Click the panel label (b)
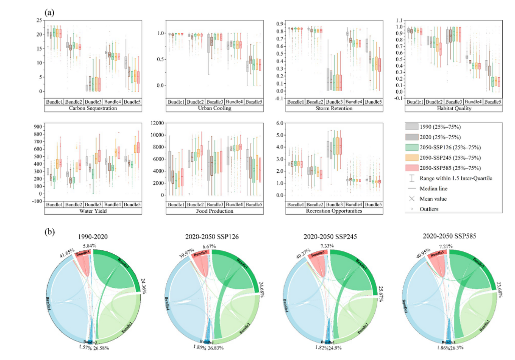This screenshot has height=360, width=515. (49, 232)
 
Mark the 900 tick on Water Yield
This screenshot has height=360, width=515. (35, 126)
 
